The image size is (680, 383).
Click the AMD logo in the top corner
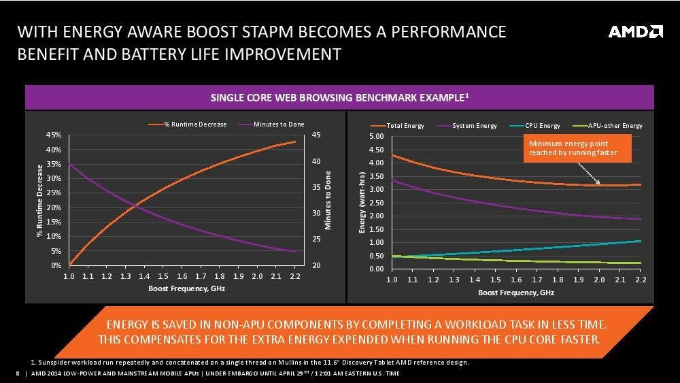click(635, 32)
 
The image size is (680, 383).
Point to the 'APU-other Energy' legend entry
click(610, 126)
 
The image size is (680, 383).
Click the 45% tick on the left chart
click(54, 135)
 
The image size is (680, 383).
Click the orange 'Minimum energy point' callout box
click(577, 148)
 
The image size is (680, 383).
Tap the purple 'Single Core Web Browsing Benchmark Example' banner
click(339, 98)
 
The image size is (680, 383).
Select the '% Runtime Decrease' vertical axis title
click(39, 200)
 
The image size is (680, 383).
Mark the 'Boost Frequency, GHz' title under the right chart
click(515, 292)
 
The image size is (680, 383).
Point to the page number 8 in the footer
click(16, 374)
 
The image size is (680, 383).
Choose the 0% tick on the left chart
click(56, 265)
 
